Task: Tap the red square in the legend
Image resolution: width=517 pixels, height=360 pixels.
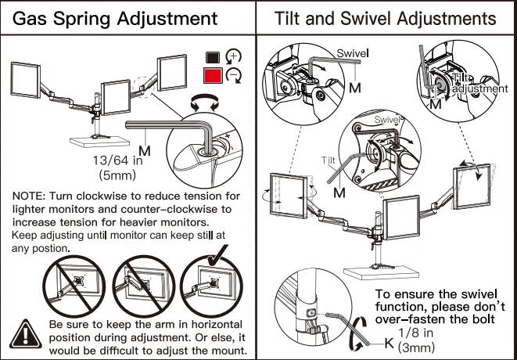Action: click(212, 76)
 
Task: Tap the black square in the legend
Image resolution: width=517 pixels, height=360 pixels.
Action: click(211, 56)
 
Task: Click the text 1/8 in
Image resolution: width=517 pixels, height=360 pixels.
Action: click(417, 332)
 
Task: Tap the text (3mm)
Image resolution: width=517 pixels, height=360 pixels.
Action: click(416, 345)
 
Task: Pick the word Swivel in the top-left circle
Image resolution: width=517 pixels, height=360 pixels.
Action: click(352, 53)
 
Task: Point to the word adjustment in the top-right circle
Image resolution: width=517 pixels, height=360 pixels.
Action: click(479, 89)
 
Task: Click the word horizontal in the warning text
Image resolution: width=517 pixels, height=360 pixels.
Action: click(212, 324)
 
